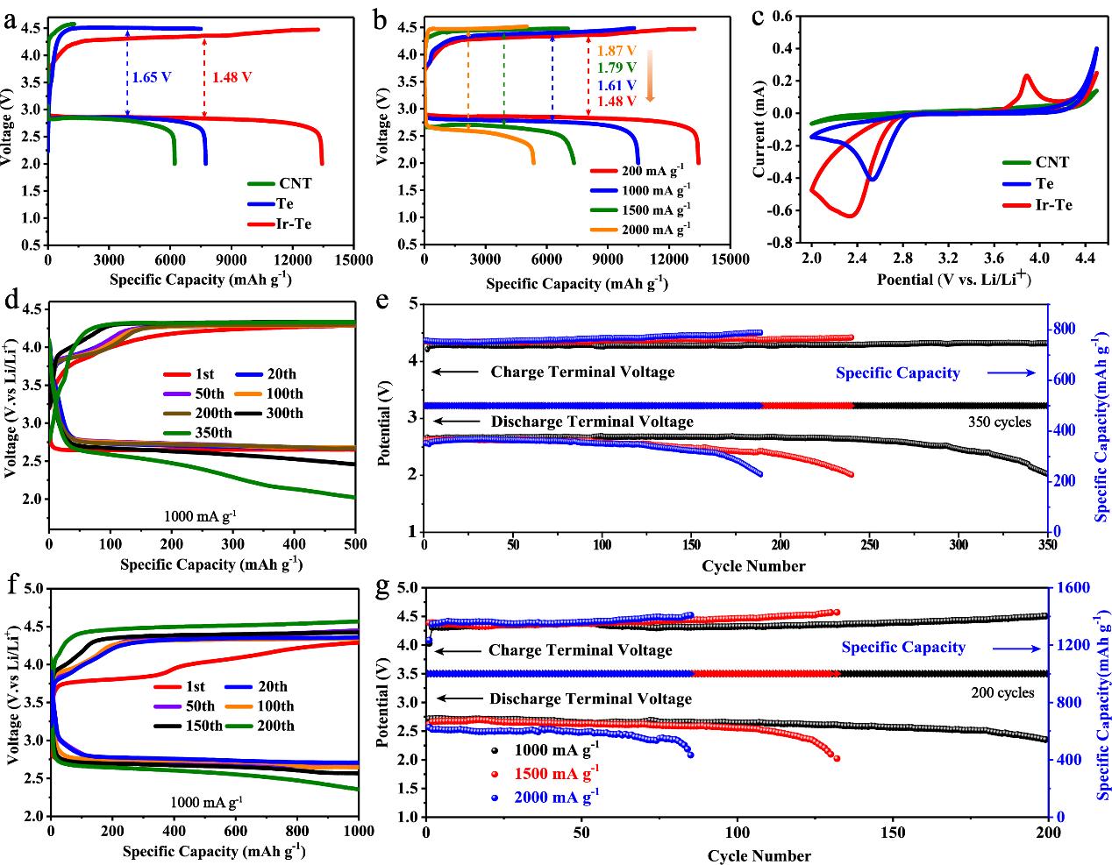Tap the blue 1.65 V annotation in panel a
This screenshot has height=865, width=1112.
(151, 77)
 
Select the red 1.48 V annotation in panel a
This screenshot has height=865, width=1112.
(232, 77)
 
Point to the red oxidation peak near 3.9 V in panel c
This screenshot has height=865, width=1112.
(1025, 77)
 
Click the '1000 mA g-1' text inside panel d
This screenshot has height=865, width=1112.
(201, 517)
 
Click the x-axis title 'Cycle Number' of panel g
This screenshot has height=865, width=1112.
(759, 855)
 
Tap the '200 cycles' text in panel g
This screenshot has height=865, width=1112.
(1002, 692)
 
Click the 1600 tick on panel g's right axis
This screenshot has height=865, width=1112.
(1069, 588)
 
